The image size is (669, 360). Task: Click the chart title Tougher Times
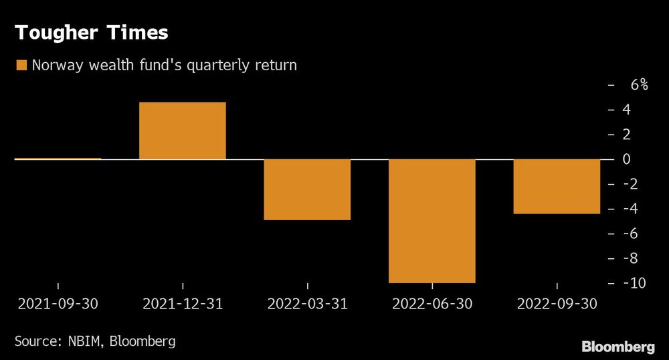tap(92, 32)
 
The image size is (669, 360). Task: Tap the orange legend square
tap(21, 66)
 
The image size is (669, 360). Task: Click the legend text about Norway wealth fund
tap(163, 66)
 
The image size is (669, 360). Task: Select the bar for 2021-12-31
tap(182, 130)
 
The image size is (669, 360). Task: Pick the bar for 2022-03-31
tap(307, 189)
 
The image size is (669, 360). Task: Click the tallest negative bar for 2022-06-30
tap(432, 221)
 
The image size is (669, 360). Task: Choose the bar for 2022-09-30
tap(557, 187)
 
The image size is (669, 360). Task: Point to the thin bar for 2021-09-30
tap(58, 159)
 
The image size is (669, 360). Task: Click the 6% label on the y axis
tap(638, 85)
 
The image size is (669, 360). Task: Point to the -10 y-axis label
tap(635, 283)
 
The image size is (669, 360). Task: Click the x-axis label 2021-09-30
tap(58, 304)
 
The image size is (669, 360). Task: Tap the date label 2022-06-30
tap(432, 304)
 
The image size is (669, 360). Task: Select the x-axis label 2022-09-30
tap(557, 304)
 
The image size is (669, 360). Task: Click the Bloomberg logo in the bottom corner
tap(618, 346)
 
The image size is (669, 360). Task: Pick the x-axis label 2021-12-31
tap(183, 304)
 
